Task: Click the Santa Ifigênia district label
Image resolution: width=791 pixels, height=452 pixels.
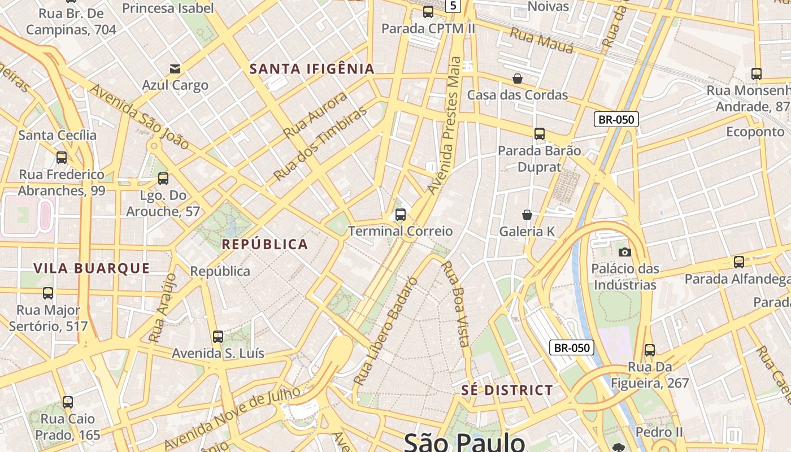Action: (312, 69)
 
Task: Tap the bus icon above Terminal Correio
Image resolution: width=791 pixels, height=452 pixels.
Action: (401, 215)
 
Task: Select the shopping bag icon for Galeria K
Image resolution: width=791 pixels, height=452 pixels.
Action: (527, 215)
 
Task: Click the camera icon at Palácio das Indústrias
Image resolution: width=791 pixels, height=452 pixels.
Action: (624, 252)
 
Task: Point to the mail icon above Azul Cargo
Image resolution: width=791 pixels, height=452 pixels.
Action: (175, 69)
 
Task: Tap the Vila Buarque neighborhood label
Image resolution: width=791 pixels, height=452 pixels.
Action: (92, 268)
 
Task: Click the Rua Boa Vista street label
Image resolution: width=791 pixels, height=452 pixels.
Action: (455, 303)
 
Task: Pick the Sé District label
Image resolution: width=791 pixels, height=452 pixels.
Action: (507, 390)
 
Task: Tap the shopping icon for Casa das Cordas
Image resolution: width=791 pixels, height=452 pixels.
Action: (518, 79)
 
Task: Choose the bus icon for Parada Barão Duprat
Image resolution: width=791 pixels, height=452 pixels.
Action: (540, 134)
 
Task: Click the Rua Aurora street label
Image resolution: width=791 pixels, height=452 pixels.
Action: (315, 115)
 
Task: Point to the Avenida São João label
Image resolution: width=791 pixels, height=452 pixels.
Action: (139, 117)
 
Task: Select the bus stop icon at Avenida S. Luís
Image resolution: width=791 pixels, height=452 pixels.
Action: (218, 337)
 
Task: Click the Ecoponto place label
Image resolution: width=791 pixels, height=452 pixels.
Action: (755, 132)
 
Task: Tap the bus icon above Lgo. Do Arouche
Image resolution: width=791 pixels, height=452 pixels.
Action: (163, 179)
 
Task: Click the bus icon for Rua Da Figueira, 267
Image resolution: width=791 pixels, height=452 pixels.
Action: (650, 350)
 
